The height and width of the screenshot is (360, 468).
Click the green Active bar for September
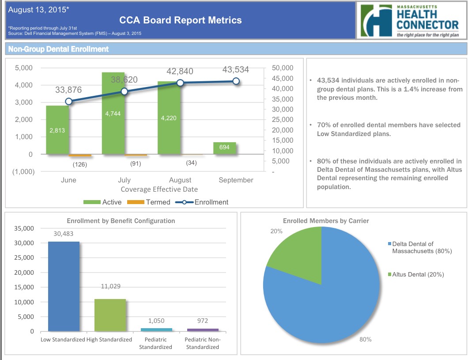click(x=225, y=148)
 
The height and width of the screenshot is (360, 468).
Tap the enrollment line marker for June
click(x=68, y=101)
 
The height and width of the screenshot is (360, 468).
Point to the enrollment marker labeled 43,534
click(x=236, y=81)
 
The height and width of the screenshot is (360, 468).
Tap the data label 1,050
click(x=156, y=321)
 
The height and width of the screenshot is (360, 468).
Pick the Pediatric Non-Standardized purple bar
click(x=203, y=330)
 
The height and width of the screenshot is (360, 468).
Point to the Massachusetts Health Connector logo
click(x=410, y=20)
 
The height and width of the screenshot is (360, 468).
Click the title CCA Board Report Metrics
click(x=181, y=20)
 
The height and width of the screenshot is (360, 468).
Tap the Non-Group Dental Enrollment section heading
click(x=58, y=49)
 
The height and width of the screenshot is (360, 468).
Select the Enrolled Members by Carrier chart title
click(x=326, y=220)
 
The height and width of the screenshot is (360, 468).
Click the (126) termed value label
click(x=80, y=164)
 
